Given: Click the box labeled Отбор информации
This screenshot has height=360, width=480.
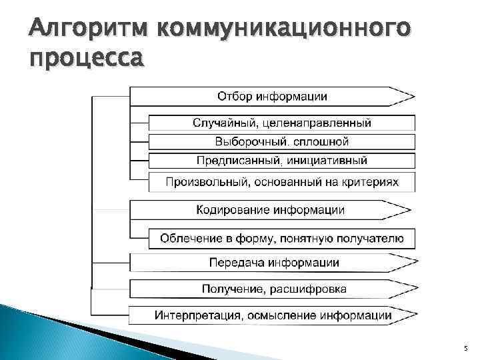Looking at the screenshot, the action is click(272, 96).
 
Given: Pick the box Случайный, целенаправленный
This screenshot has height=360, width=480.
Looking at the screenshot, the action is click(281, 123).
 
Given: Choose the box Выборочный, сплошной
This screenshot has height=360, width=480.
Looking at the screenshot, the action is click(281, 141).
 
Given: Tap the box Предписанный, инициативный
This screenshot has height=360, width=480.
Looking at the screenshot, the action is click(281, 161).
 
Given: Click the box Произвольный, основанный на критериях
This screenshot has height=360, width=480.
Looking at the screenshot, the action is click(281, 181).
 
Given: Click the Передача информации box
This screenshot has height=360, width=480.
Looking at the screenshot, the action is click(273, 262).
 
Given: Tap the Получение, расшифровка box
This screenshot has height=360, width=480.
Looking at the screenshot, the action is click(273, 289).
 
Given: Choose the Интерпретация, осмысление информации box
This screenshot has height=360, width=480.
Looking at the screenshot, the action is click(273, 315).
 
